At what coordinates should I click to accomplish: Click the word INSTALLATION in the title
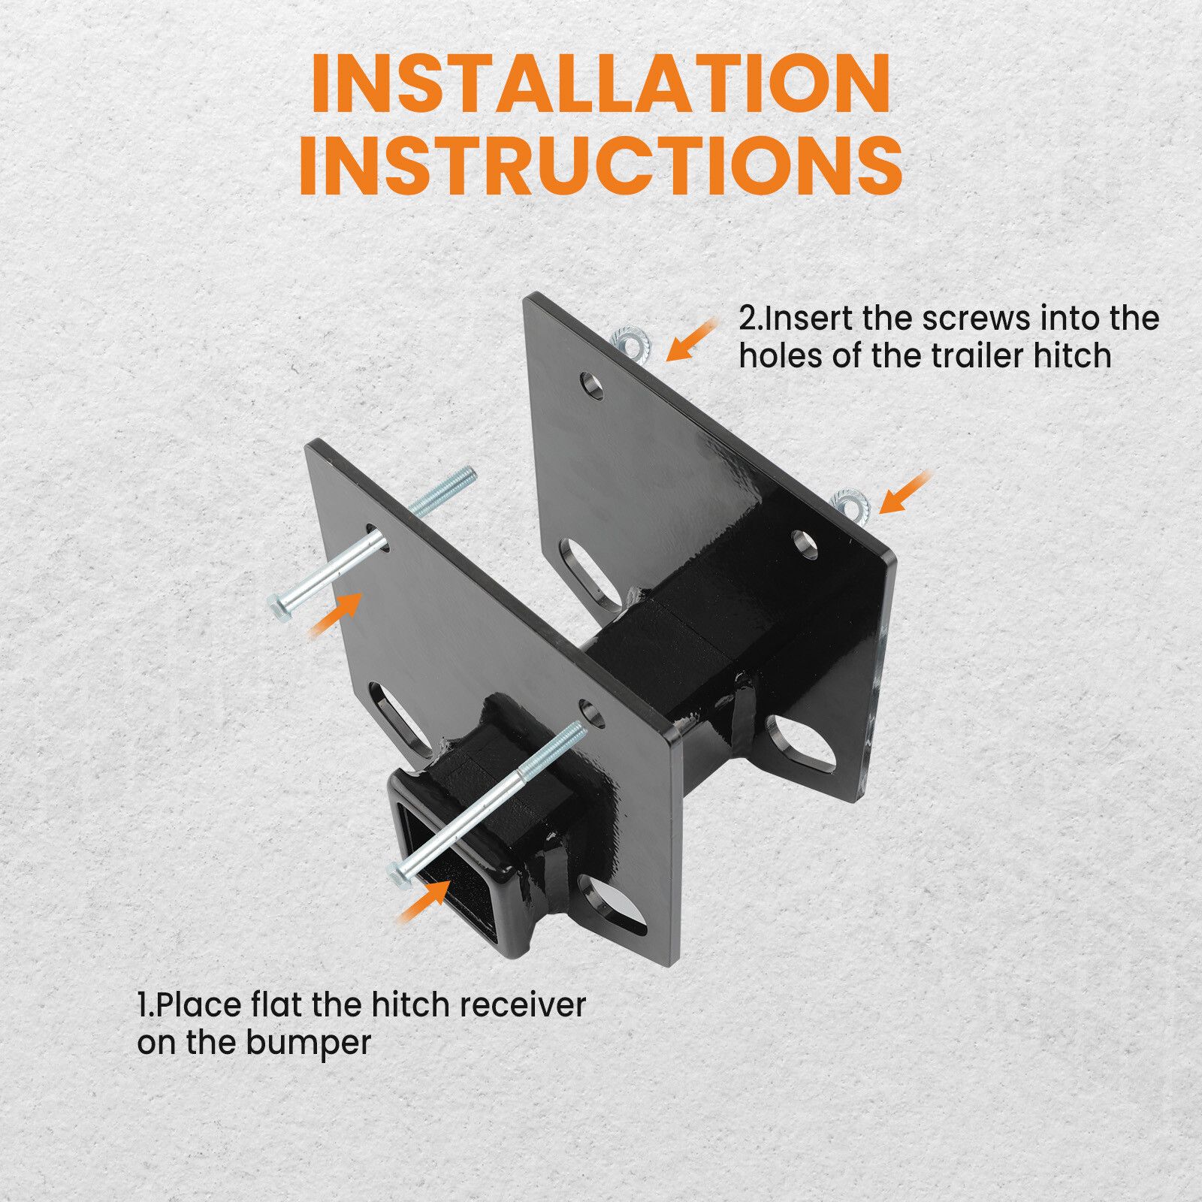coord(601,84)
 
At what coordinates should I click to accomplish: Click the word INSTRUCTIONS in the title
coord(601,166)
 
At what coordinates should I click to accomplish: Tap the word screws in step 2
coord(976,319)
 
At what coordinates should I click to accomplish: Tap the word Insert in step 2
coord(811,319)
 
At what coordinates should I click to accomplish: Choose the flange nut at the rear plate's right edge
coord(850,504)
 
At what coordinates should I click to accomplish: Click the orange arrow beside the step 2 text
coord(690,340)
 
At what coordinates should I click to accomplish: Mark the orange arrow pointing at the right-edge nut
coord(904,493)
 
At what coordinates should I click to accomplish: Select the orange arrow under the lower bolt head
coord(424,901)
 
